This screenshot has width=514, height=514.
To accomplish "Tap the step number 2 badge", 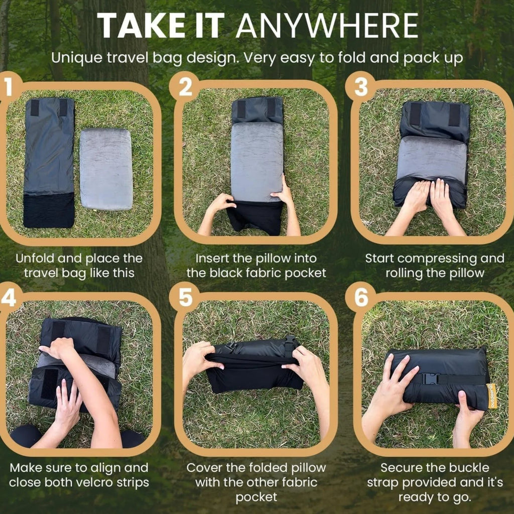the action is pyautogui.click(x=185, y=87).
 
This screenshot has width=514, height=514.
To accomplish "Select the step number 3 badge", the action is pyautogui.click(x=361, y=87).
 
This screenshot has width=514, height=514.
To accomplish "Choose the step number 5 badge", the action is pyautogui.click(x=185, y=297).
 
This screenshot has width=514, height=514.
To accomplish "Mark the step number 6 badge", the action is pyautogui.click(x=361, y=297).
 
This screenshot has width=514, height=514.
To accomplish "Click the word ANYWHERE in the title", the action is pyautogui.click(x=326, y=26).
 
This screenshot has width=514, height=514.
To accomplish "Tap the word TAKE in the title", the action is pyautogui.click(x=141, y=26).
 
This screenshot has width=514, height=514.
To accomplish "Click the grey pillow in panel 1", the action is pyautogui.click(x=106, y=169).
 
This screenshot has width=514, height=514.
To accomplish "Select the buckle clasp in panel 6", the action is pyautogui.click(x=430, y=379).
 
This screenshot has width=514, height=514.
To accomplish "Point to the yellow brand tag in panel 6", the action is pyautogui.click(x=492, y=396).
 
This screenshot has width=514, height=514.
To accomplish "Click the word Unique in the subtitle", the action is pyautogui.click(x=77, y=58).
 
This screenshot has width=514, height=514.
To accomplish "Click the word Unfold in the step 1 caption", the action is pyautogui.click(x=35, y=259).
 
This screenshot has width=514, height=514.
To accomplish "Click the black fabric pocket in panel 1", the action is pyautogui.click(x=49, y=210).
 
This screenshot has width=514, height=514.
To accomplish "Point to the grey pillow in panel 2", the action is pyautogui.click(x=257, y=162).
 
